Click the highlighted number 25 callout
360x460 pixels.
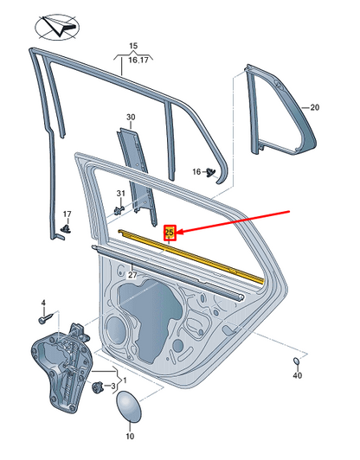170,232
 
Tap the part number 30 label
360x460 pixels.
131,117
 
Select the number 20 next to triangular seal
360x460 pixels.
315,107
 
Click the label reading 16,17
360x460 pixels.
133,60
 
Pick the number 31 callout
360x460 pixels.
121,192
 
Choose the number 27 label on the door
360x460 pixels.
132,275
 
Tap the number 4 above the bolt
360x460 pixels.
42,302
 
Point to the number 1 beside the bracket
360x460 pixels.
124,380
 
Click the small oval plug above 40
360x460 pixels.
295,360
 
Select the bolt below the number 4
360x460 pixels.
42,318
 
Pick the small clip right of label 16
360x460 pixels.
210,173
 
